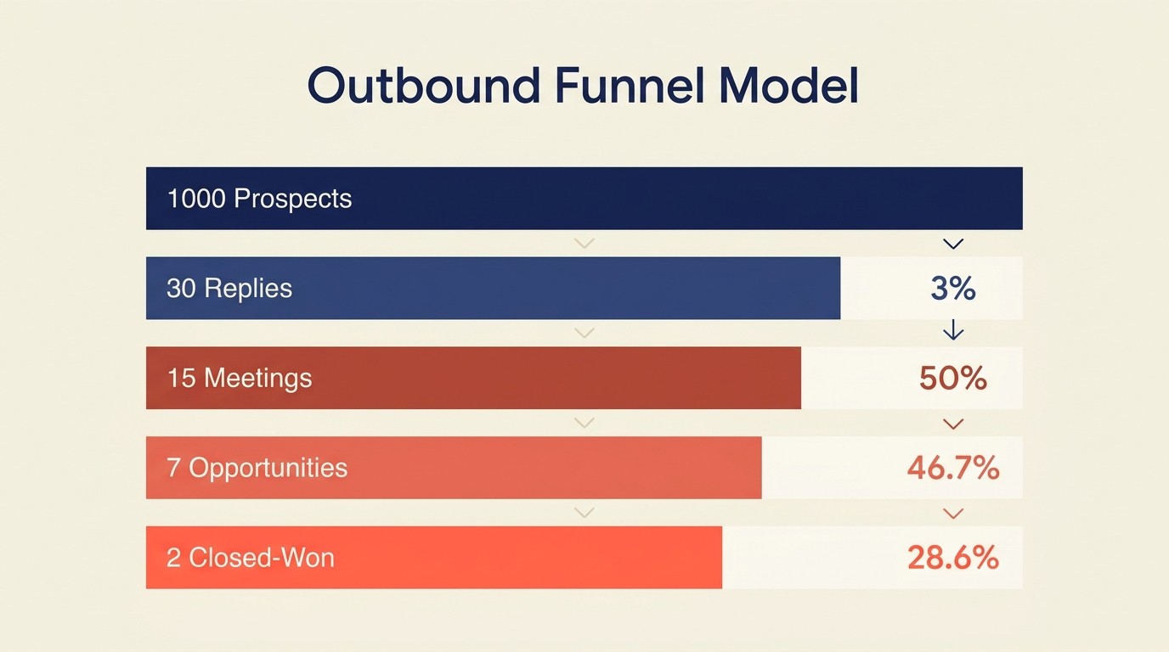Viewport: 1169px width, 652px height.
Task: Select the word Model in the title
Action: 788,86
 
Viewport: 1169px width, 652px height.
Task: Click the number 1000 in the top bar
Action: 196,199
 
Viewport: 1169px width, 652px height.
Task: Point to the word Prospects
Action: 292,199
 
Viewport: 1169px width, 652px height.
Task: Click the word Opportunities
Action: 268,468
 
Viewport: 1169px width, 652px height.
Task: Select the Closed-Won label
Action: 262,558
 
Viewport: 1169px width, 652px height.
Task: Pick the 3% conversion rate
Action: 953,289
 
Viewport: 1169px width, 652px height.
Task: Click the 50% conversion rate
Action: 953,378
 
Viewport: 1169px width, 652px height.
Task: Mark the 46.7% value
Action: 953,468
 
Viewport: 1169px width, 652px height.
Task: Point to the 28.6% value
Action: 953,558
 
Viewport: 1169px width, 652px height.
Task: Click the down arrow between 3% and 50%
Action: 953,329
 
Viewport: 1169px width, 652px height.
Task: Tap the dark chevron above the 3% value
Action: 953,244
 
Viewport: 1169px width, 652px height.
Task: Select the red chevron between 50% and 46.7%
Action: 953,424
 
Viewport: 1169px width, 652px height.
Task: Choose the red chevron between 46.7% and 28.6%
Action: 953,514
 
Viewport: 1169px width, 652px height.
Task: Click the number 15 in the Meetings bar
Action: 181,378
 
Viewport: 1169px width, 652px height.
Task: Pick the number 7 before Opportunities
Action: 172,468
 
